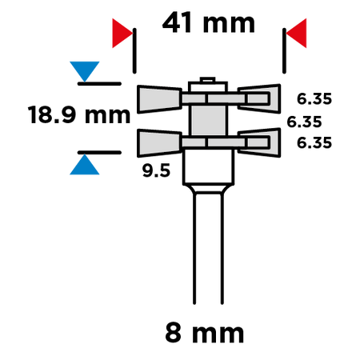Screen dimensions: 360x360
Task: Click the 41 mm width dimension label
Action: tap(209, 23)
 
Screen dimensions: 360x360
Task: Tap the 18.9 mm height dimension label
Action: tap(79, 115)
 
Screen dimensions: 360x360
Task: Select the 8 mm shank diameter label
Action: tap(205, 333)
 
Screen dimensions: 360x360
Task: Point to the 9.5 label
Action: tap(156, 170)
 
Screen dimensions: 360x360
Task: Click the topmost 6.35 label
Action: tap(314, 98)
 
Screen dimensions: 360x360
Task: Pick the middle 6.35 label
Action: tap(304, 122)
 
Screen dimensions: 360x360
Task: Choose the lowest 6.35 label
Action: tap(314, 142)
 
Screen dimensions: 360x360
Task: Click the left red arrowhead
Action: tap(122, 33)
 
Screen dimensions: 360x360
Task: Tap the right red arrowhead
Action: tap(296, 33)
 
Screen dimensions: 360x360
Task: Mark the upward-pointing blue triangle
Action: tap(85, 165)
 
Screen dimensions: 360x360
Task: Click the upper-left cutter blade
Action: tap(159, 99)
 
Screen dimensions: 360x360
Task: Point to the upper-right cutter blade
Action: tap(259, 98)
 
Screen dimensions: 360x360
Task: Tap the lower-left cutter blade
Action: tap(159, 143)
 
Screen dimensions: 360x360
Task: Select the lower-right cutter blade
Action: tap(259, 142)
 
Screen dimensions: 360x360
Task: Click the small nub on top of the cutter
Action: tap(207, 80)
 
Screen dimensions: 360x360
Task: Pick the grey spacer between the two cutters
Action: tap(208, 120)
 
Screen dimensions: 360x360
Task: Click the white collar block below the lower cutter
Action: tap(209, 166)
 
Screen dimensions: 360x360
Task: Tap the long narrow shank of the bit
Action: tap(208, 248)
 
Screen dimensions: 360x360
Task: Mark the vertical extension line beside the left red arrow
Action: tap(134, 50)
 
